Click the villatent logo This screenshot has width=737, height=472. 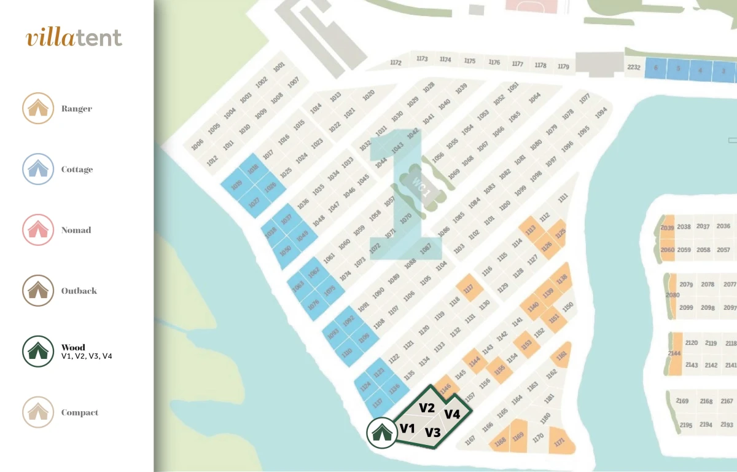click(x=74, y=37)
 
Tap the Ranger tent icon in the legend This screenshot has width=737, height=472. click(x=37, y=108)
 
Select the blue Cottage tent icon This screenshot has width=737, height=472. click(x=37, y=169)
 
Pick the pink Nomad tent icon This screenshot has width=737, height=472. click(x=37, y=230)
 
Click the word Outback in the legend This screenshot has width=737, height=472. click(x=79, y=291)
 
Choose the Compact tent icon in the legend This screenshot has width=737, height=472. click(x=37, y=412)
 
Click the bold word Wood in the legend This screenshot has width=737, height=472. click(x=73, y=347)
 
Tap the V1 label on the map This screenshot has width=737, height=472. click(x=408, y=428)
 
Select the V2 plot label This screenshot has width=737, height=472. click(x=427, y=407)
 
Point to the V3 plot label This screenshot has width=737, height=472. click(x=433, y=432)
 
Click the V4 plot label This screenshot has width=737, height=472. click(x=452, y=414)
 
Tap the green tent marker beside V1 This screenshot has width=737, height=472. click(x=381, y=432)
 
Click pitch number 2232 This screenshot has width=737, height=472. click(x=634, y=68)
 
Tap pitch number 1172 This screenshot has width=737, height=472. click(x=396, y=63)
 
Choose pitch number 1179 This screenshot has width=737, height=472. click(x=563, y=66)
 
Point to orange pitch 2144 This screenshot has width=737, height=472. click(x=674, y=353)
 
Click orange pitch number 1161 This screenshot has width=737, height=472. click(x=561, y=356)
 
